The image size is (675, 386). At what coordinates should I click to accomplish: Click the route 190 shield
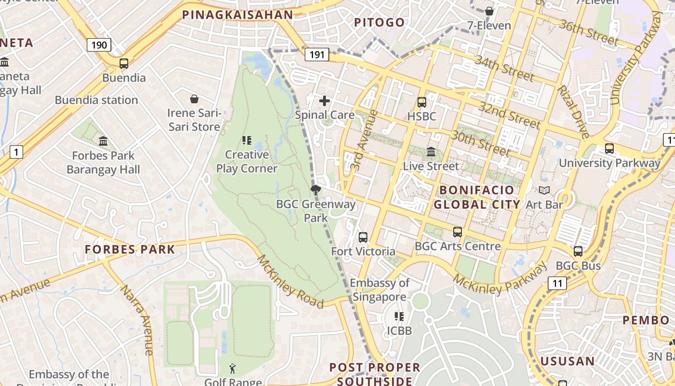click(99, 45)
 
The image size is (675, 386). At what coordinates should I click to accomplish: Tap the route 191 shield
click(317, 55)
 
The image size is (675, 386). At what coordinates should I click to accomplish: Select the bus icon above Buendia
click(124, 64)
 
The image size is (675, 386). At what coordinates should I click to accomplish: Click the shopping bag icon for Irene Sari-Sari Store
click(194, 99)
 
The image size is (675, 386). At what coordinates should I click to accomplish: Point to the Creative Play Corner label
click(246, 162)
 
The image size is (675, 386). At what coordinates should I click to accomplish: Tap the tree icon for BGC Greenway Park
click(316, 190)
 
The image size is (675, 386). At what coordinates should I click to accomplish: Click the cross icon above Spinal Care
click(324, 101)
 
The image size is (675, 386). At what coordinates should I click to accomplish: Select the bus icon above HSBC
click(422, 102)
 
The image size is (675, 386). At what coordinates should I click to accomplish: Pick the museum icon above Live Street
click(431, 152)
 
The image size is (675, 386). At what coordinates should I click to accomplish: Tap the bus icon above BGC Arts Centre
click(458, 232)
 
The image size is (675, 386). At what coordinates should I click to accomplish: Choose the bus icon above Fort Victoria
click(363, 237)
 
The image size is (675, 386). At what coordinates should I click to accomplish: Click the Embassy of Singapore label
click(379, 290)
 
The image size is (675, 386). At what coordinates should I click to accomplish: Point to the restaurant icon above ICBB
click(399, 317)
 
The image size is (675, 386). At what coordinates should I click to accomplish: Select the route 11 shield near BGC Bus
click(557, 283)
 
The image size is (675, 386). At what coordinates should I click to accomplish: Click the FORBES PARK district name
click(130, 249)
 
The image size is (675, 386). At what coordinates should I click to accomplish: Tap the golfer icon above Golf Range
click(233, 369)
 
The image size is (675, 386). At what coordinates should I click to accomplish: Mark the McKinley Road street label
click(290, 281)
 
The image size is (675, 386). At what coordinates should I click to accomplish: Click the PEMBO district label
click(646, 320)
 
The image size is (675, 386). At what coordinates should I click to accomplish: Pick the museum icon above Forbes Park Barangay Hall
click(103, 141)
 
